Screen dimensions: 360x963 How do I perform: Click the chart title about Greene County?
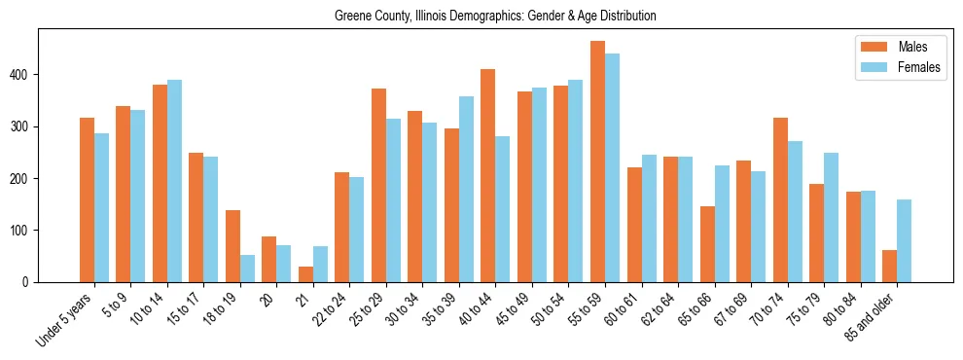coord(495,16)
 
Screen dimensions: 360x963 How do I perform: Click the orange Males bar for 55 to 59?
coord(597,162)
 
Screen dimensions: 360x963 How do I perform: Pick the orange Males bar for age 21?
coord(305,274)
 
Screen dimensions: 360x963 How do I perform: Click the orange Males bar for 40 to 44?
coord(488,176)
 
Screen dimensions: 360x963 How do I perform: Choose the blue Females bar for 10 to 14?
coord(174,181)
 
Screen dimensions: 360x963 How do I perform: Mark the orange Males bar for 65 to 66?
coord(707,244)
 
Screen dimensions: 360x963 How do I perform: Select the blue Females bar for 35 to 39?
coord(466,190)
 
